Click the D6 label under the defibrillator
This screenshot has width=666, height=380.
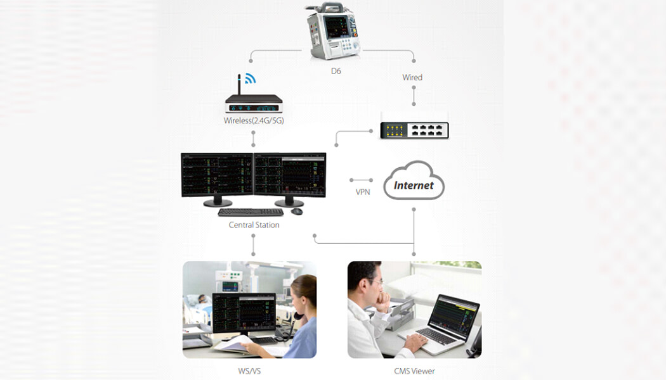point(336,71)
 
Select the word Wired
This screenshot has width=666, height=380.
point(412,77)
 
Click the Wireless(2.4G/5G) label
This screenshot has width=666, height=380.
point(253,120)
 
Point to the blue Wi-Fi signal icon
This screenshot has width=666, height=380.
point(250,79)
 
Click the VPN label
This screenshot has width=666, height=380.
point(363,191)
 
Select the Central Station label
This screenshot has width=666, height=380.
point(254,225)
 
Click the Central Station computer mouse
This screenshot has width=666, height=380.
point(297,211)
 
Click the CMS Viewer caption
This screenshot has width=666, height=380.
point(414,370)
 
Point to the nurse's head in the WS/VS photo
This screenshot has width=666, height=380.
point(303,290)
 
